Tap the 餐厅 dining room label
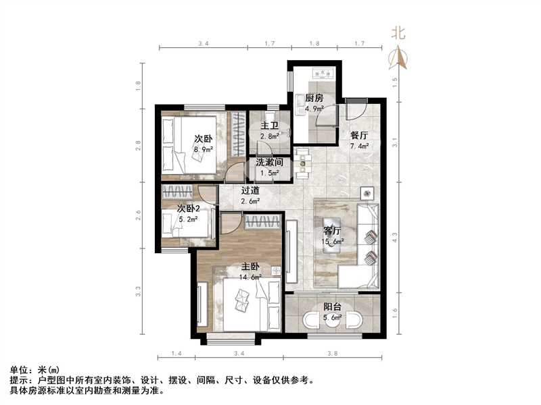coord(358,134)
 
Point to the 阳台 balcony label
coord(331,307)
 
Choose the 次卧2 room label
coord(191,209)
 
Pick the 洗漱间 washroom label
coord(268,163)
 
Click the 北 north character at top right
coord(398,33)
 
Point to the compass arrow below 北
coord(399,59)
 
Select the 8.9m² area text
coord(204,150)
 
